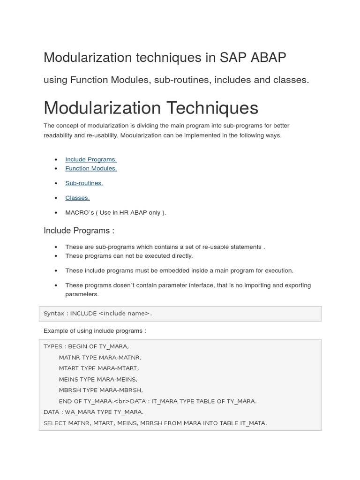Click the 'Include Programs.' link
point(91,159)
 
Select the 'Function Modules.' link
point(91,168)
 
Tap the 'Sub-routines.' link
point(84,183)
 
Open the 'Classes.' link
point(77,198)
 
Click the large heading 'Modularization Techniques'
point(150,108)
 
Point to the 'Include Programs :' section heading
point(79,231)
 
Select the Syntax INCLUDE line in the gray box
point(97,314)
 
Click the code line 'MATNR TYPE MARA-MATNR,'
point(100,358)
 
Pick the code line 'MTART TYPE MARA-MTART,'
point(99,368)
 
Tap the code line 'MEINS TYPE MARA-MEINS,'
point(98,379)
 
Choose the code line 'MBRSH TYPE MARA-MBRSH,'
point(101,390)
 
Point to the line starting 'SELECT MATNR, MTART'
point(155,423)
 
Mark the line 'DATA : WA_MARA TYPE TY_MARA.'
point(93,412)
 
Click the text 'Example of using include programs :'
point(95,331)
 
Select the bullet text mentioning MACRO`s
point(116,213)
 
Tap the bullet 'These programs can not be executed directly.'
point(129,256)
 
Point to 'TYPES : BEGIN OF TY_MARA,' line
point(86,347)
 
